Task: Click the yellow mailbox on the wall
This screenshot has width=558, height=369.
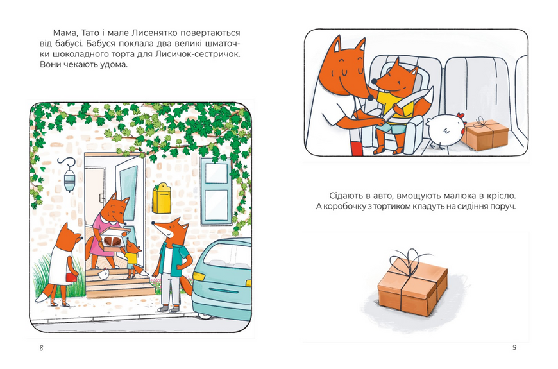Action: tap(161, 198)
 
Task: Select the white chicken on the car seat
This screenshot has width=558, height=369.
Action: tap(446, 130)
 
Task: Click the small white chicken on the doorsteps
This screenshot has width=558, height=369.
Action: tap(103, 274)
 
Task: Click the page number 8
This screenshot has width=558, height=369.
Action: tap(41, 348)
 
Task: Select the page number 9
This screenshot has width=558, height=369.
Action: tap(514, 348)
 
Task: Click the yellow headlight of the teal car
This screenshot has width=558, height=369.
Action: tap(199, 277)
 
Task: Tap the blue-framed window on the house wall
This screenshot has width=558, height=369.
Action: tap(216, 192)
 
